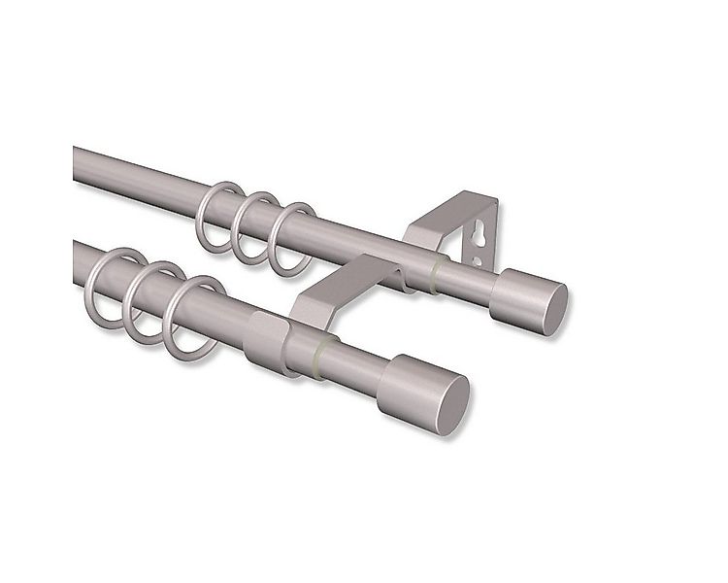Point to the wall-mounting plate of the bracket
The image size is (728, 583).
coord(482,233)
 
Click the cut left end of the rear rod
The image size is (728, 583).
coord(77,163)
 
